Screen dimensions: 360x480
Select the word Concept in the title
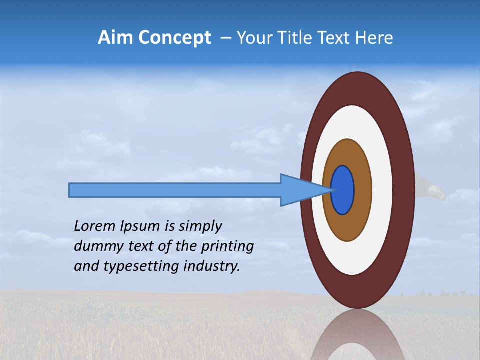pyautogui.click(x=174, y=38)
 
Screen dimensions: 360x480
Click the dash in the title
pyautogui.click(x=225, y=38)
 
